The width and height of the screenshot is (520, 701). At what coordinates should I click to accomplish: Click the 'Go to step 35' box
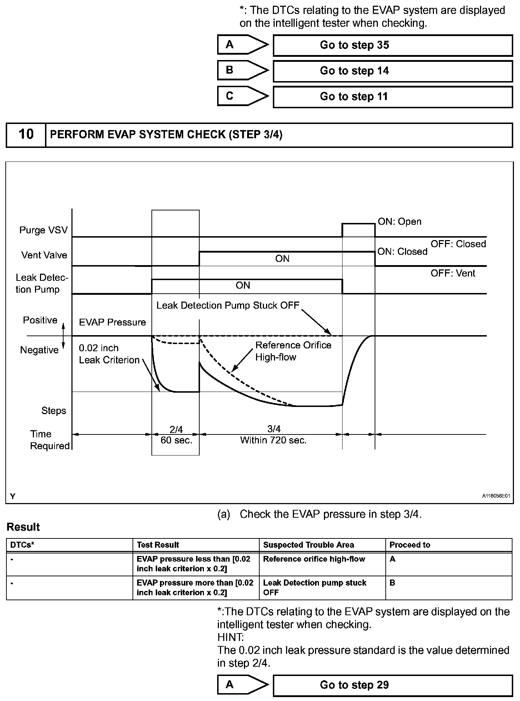392,45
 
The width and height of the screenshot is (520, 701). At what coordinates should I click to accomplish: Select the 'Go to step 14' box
392,71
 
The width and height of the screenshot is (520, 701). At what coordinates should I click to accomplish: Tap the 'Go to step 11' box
392,97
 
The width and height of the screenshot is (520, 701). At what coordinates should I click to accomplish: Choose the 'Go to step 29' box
392,685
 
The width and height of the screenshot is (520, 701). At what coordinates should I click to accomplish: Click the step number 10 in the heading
26,134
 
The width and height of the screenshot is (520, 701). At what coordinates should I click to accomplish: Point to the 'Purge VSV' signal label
43,230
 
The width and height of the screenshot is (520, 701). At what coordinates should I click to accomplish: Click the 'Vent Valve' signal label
44,255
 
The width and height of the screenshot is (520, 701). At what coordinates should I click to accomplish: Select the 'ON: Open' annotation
399,222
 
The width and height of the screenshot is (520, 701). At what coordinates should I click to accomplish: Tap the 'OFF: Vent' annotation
452,273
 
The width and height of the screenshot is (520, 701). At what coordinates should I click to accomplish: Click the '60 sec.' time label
176,440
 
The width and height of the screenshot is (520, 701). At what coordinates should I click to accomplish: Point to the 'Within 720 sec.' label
273,440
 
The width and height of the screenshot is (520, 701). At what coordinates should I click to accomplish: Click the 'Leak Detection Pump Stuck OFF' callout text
227,305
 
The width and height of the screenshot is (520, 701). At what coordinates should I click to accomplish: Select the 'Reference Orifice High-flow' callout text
293,351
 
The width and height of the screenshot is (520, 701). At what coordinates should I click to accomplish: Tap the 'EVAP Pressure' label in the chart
112,322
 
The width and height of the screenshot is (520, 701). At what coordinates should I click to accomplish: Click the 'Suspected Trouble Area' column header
308,545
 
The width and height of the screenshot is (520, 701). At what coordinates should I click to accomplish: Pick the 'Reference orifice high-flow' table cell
314,559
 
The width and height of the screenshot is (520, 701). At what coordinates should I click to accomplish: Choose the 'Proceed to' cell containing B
392,583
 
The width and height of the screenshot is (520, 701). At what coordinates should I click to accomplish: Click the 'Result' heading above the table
23,527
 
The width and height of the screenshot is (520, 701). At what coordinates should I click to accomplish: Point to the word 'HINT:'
230,637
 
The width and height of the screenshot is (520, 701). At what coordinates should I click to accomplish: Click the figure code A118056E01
496,496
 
